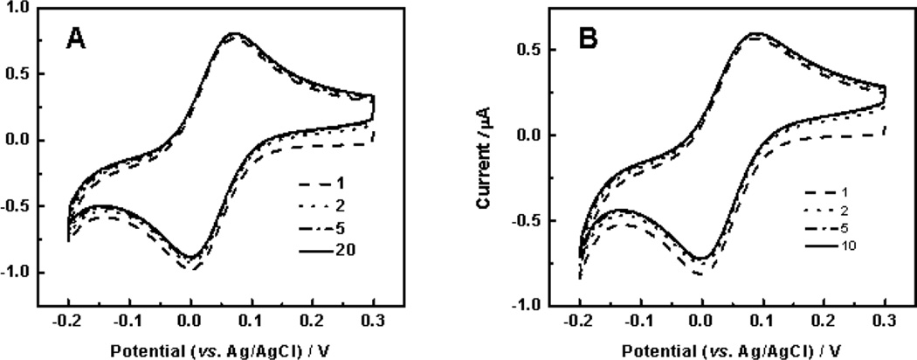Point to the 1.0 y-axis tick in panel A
[x=17, y=7]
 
